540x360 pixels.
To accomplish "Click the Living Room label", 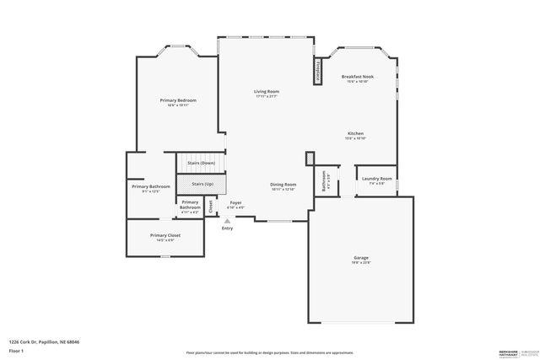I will point(267,91).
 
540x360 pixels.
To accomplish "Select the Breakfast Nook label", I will point(358,77).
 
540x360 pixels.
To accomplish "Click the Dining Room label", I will point(283,185).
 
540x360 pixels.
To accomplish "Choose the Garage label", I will point(360,257).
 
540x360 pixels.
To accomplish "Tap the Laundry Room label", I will point(376,179).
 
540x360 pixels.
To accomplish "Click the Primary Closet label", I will point(165,235).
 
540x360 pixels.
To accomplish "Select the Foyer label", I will point(235,202).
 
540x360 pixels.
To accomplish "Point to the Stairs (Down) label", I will point(201,163).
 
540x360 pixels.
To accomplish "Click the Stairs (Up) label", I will point(202,183).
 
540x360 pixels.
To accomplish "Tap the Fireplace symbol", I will point(319,71).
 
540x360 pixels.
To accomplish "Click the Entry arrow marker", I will point(226,221).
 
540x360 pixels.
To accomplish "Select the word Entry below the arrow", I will point(227,228).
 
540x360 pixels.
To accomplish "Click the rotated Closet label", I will point(210,205).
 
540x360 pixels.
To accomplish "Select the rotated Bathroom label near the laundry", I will point(324,180).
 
